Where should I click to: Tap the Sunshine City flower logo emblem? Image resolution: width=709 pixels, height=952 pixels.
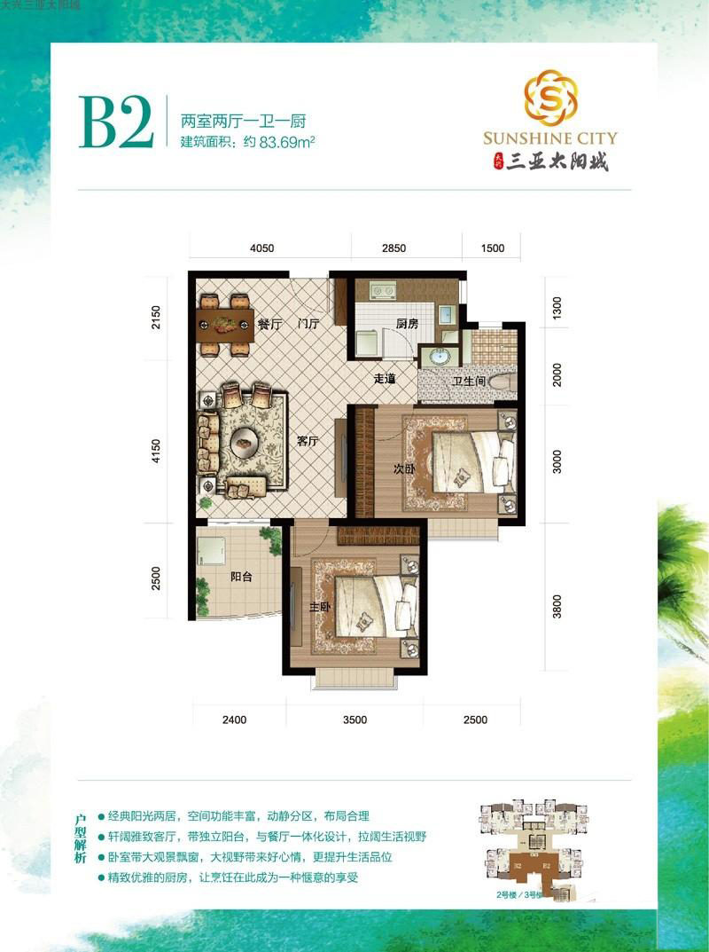(549, 97)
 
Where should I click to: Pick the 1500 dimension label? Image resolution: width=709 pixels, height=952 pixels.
(492, 248)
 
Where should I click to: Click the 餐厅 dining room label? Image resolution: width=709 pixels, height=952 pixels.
(269, 325)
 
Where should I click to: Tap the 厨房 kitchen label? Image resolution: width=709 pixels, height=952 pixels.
(407, 325)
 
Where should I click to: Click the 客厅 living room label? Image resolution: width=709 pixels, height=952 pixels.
(308, 442)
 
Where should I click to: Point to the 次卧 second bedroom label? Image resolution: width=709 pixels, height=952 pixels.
(404, 469)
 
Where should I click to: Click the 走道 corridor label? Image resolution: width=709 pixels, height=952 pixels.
(383, 379)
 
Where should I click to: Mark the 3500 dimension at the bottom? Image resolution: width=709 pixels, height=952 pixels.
(354, 720)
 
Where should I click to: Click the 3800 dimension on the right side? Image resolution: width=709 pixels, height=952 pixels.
(557, 608)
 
